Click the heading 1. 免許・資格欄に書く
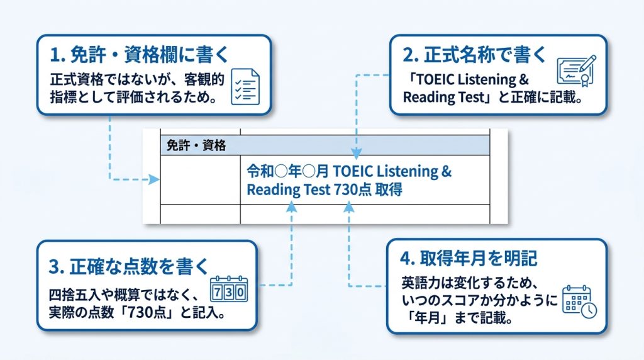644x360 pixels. coord(139,55)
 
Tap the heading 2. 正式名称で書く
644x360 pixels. coord(474,55)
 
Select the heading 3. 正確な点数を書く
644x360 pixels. coord(128,267)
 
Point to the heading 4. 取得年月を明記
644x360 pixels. coord(469,259)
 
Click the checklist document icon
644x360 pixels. coord(245,87)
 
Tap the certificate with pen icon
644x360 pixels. coord(577,70)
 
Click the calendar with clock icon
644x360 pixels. coord(579,302)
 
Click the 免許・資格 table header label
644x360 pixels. coord(196,145)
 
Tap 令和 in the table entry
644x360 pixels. coord(260,171)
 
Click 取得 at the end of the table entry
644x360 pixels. coord(389,189)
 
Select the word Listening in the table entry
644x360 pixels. coord(407,171)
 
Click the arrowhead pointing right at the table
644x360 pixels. coord(154,179)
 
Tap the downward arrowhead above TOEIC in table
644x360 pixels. coord(357,154)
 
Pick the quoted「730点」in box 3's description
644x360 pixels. coord(148,313)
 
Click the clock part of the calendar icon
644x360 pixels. coord(589,310)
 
